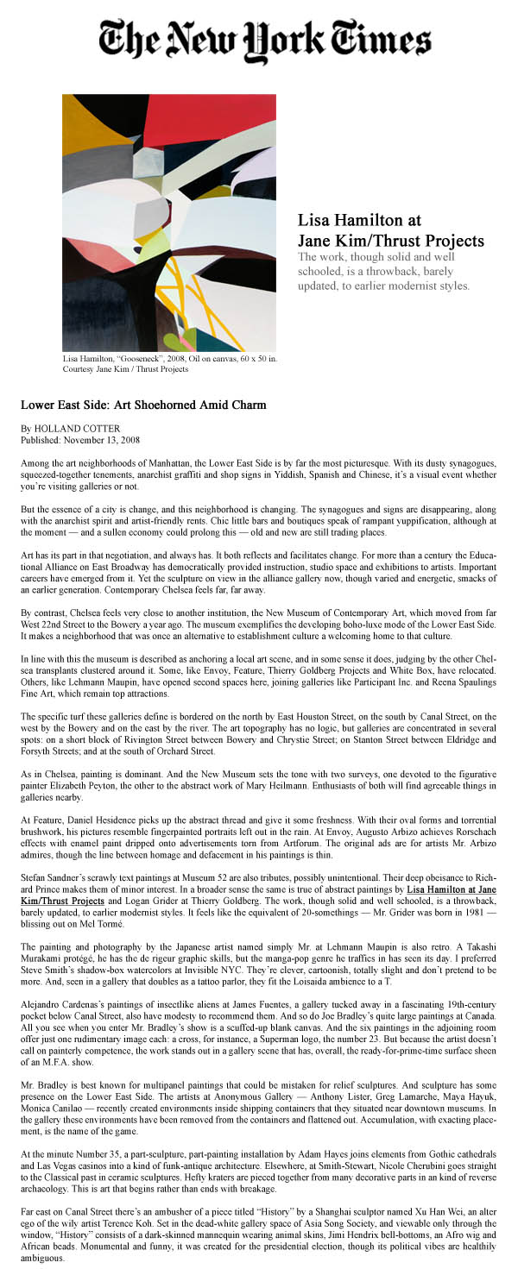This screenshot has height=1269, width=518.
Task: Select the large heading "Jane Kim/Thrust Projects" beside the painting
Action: [390, 241]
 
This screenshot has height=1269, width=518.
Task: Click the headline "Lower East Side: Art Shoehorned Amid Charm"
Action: [143, 404]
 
